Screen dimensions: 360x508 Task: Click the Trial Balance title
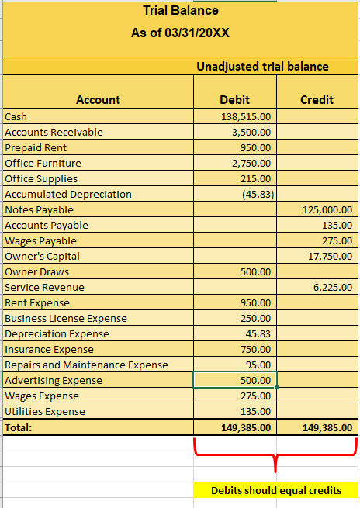[x=181, y=11]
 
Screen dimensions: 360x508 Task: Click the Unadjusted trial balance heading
[x=262, y=67]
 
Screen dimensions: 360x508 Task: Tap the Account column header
[x=98, y=99]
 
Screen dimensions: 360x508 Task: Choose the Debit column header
[x=235, y=99]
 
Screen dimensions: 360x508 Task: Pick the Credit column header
[x=317, y=99]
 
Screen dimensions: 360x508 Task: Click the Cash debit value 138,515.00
[x=246, y=116]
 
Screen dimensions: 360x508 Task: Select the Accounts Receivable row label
[x=54, y=132]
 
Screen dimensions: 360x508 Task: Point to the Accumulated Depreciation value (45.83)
[x=255, y=194]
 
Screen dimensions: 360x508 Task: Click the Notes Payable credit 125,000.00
[x=326, y=209]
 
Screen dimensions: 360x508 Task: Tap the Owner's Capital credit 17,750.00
[x=329, y=256]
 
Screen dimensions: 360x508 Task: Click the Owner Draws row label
[x=37, y=271]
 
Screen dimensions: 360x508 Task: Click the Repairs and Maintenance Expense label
[x=86, y=365]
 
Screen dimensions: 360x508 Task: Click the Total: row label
[x=19, y=427]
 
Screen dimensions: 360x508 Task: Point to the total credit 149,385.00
[x=326, y=427]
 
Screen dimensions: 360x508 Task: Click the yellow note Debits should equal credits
[x=275, y=490]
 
